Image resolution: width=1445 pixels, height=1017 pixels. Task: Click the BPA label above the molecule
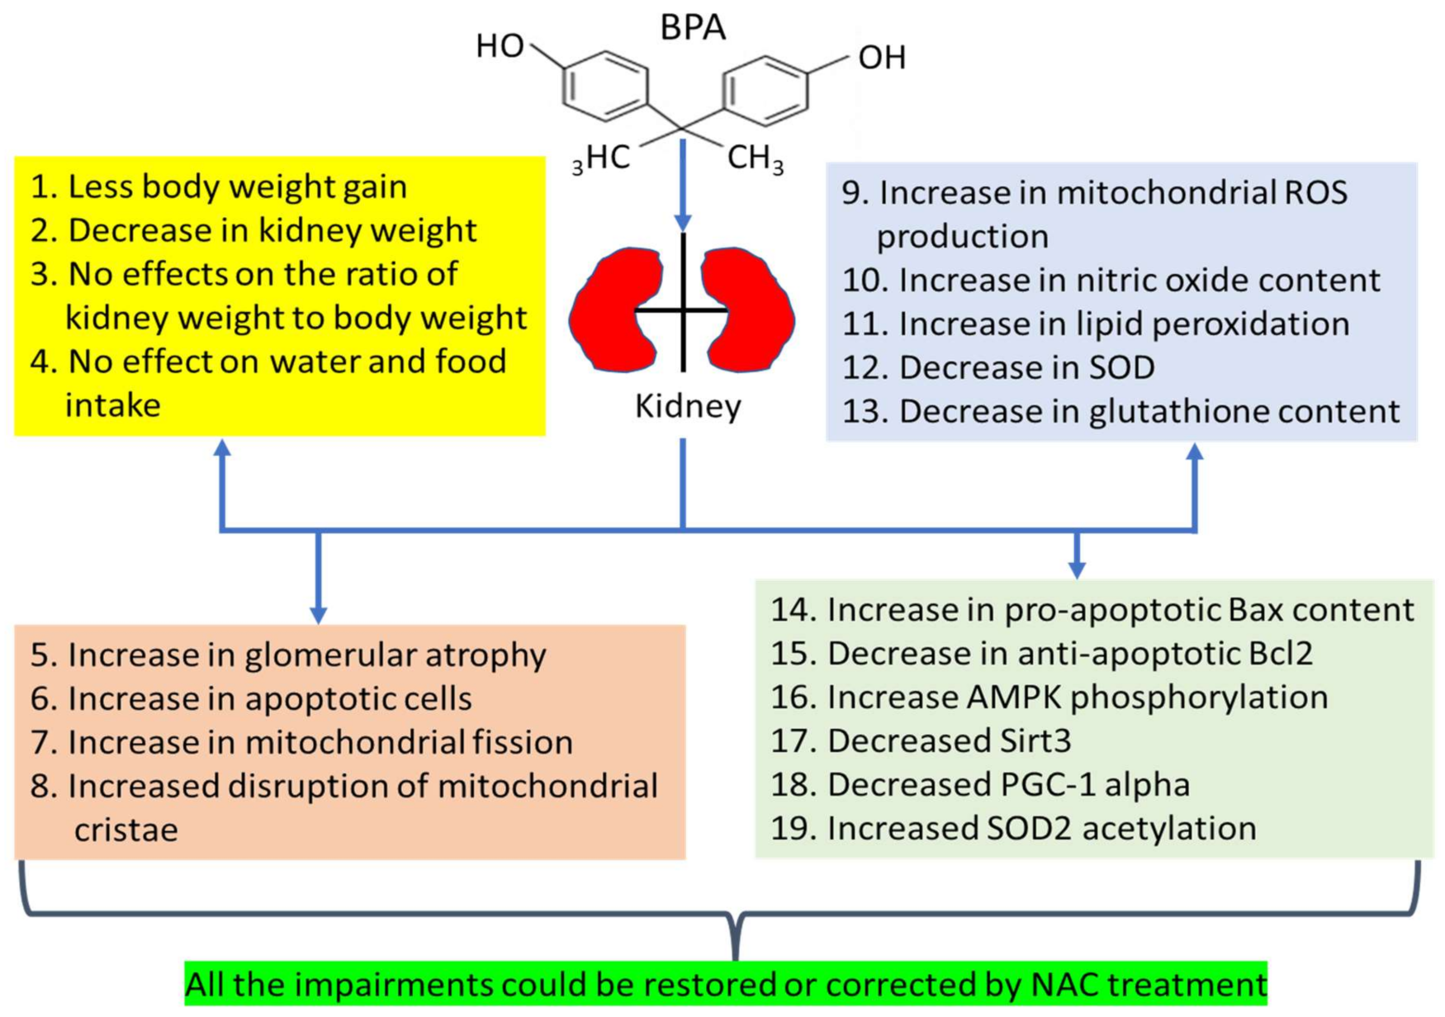pyautogui.click(x=692, y=27)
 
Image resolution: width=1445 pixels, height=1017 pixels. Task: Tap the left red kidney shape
pyautogui.click(x=613, y=310)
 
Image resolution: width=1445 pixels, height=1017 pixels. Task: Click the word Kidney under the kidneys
pyautogui.click(x=687, y=406)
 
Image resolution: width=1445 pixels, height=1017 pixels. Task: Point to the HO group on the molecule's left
pyautogui.click(x=500, y=46)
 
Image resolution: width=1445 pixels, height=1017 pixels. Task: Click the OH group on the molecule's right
pyautogui.click(x=882, y=58)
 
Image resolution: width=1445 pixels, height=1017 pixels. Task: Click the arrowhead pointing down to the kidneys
pyautogui.click(x=683, y=222)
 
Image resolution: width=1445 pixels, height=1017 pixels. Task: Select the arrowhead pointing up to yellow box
pyautogui.click(x=222, y=448)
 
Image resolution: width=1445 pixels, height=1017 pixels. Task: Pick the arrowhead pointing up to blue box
pyautogui.click(x=1194, y=452)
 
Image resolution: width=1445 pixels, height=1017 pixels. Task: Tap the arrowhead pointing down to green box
pyautogui.click(x=1077, y=569)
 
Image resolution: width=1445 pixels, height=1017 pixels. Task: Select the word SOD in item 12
pyautogui.click(x=1120, y=367)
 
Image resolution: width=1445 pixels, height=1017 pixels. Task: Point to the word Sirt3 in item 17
pyautogui.click(x=1032, y=740)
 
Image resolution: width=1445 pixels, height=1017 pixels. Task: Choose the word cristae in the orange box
pyautogui.click(x=126, y=830)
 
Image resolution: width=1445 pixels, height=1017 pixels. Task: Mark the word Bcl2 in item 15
pyautogui.click(x=1273, y=653)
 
